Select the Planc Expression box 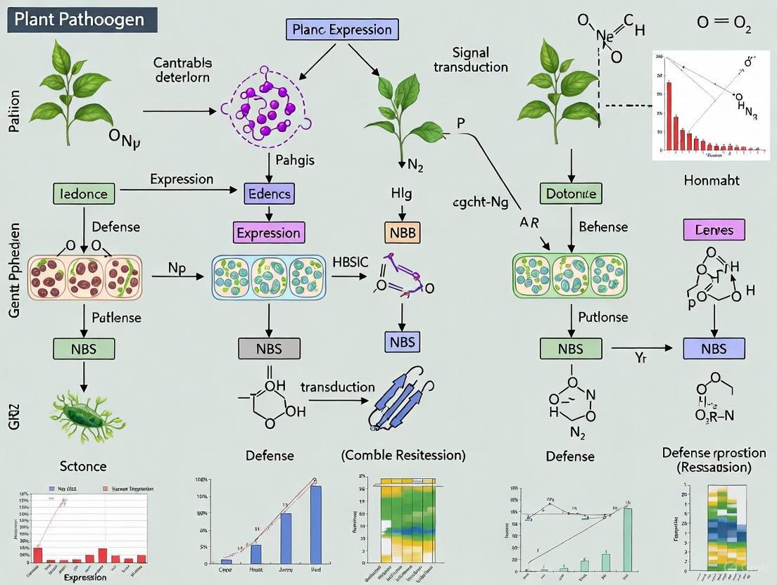click(343, 29)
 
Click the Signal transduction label click(470, 60)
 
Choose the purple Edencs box click(269, 193)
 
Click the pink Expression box click(268, 233)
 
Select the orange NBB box click(400, 233)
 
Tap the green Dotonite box click(571, 193)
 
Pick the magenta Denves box click(714, 229)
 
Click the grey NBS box click(269, 347)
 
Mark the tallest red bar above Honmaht click(669, 116)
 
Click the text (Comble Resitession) click(403, 455)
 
